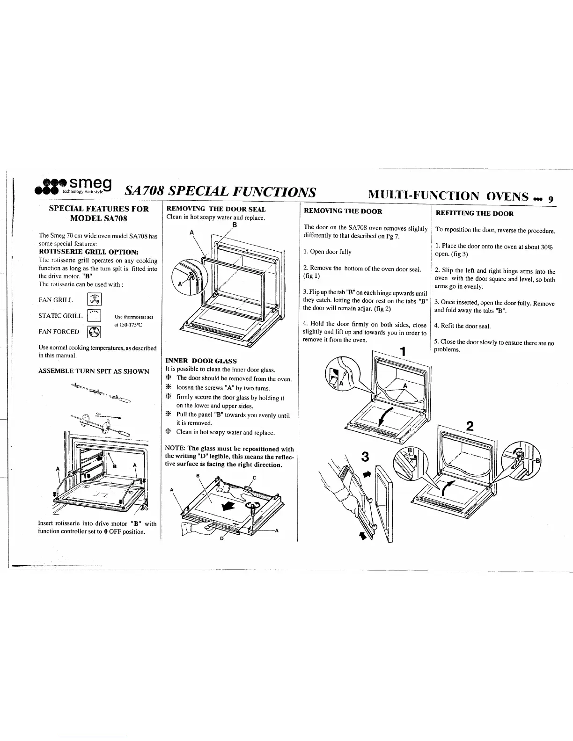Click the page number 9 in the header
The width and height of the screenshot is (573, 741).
(551, 198)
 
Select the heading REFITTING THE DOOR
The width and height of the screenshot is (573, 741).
(475, 214)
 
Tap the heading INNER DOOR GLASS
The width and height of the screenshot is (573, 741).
(201, 361)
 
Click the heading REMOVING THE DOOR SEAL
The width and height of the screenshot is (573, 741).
(216, 209)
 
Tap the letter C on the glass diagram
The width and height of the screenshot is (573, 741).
(254, 478)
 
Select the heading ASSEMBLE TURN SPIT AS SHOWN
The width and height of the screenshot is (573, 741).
(94, 371)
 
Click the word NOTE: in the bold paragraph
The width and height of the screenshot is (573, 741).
(176, 449)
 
